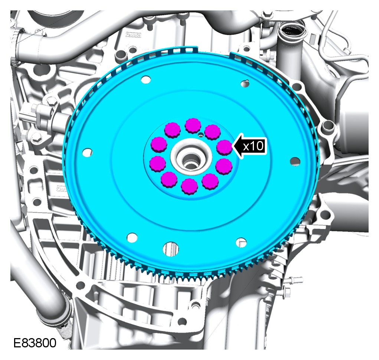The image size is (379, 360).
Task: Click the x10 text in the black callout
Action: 253,146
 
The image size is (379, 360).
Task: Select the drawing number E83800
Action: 35,343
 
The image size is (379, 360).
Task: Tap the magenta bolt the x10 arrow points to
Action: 225,148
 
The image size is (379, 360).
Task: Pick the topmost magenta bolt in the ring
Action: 193,126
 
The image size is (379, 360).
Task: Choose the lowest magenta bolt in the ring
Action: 189,186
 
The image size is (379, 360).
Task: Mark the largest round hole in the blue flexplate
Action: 171,248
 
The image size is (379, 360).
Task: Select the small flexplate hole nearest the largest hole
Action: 132,237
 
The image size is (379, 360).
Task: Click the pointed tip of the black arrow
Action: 232,146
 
